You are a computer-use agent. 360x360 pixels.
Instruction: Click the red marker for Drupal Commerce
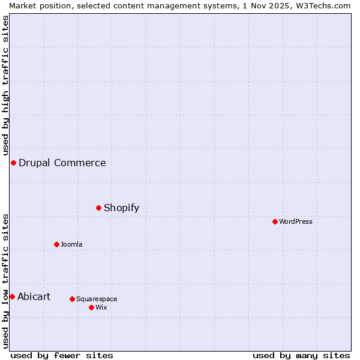(x=13, y=163)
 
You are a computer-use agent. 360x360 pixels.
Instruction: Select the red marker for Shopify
(x=99, y=208)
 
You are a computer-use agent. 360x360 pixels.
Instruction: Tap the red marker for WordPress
(x=275, y=221)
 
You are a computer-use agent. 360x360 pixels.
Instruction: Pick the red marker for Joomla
(x=57, y=244)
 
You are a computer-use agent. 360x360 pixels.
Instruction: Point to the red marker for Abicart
(x=12, y=296)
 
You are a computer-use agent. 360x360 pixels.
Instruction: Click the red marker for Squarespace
(x=72, y=299)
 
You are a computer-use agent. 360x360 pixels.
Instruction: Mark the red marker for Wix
(x=91, y=307)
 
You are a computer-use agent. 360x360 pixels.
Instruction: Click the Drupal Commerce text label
(x=62, y=163)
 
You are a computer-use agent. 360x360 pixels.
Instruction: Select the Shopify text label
(x=121, y=208)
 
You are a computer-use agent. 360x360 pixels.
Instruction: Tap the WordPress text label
(x=296, y=222)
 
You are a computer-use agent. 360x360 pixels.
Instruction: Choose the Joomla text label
(x=71, y=245)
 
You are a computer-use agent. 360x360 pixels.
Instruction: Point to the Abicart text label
(x=34, y=297)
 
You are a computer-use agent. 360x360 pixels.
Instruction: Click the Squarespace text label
(x=97, y=299)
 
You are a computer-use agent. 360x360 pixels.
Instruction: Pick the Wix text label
(x=101, y=308)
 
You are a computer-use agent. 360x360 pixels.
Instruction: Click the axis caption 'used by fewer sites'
(x=62, y=355)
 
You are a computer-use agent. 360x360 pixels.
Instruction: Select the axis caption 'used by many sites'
(x=301, y=355)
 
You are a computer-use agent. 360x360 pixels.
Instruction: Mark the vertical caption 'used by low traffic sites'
(x=5, y=281)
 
